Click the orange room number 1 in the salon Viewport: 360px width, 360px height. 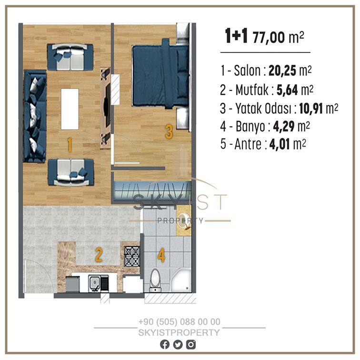tap(70, 145)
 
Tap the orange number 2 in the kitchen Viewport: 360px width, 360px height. tap(99, 254)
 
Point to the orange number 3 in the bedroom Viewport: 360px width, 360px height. tap(169, 132)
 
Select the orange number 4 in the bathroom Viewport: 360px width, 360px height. tap(161, 256)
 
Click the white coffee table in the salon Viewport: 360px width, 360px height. tap(70, 109)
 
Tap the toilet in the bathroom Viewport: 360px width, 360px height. tap(155, 280)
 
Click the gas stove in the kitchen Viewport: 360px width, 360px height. tap(132, 257)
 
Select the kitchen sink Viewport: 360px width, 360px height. tap(98, 283)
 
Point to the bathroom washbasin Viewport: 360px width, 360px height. tap(184, 220)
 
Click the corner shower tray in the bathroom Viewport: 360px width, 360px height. tap(181, 280)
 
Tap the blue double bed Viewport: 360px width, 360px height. tap(160, 75)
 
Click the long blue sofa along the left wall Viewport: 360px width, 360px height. tap(35, 116)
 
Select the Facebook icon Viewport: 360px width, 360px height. tap(165, 345)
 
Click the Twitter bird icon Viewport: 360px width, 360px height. tap(178, 345)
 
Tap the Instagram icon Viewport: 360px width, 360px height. tap(191, 345)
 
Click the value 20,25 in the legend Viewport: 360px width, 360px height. tap(282, 70)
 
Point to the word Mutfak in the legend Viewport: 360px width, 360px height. tap(252, 90)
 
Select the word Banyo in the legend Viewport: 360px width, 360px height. tap(250, 127)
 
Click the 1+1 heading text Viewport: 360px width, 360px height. tap(236, 36)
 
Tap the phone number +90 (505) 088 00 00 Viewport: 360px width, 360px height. tap(180, 322)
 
